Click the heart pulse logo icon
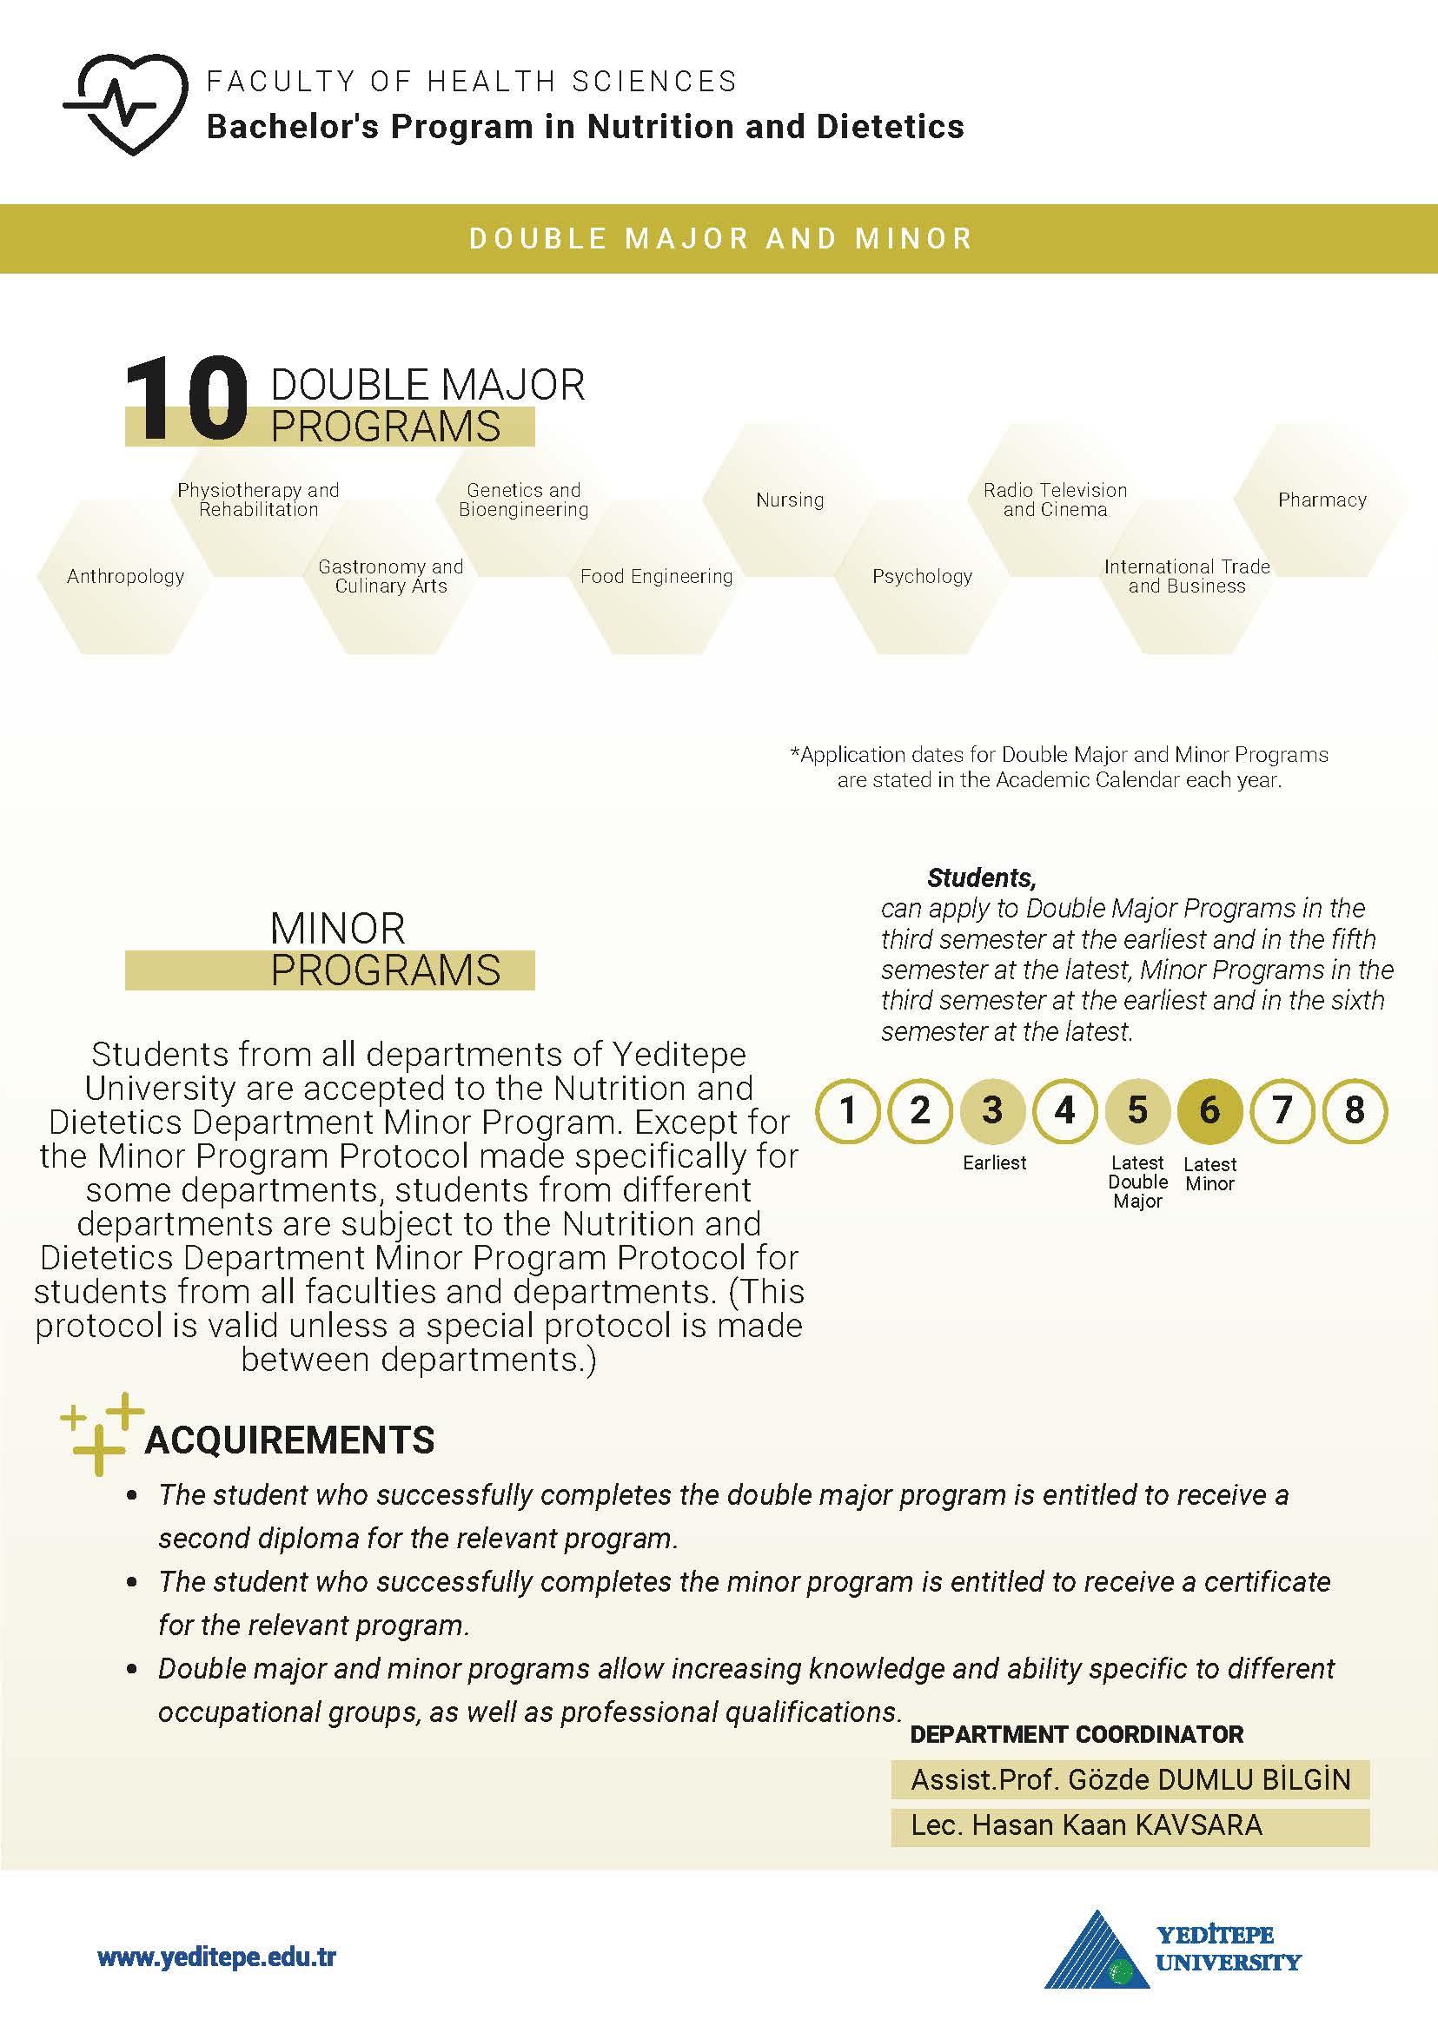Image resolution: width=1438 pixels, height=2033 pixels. (x=127, y=103)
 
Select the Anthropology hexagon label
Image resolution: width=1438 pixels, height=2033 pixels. (x=125, y=576)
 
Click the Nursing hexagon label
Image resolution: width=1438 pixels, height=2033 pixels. (x=790, y=500)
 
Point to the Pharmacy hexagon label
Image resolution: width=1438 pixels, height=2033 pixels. (x=1322, y=500)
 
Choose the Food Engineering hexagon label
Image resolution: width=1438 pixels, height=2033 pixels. (x=656, y=576)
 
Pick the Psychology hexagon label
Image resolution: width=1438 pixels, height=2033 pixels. (x=922, y=576)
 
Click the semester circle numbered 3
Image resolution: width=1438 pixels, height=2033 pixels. (x=992, y=1110)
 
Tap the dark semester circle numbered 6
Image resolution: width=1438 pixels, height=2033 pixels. (x=1209, y=1110)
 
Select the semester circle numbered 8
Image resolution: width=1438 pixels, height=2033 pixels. (x=1354, y=1110)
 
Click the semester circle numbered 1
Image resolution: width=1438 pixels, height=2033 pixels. (x=847, y=1110)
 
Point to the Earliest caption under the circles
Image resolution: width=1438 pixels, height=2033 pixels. (x=994, y=1162)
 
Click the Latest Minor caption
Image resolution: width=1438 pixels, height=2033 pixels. (x=1209, y=1174)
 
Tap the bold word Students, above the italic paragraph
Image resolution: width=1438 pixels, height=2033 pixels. (x=981, y=877)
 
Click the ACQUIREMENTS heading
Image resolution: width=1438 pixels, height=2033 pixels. (x=289, y=1440)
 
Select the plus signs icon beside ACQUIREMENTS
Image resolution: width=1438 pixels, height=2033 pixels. (x=101, y=1434)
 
